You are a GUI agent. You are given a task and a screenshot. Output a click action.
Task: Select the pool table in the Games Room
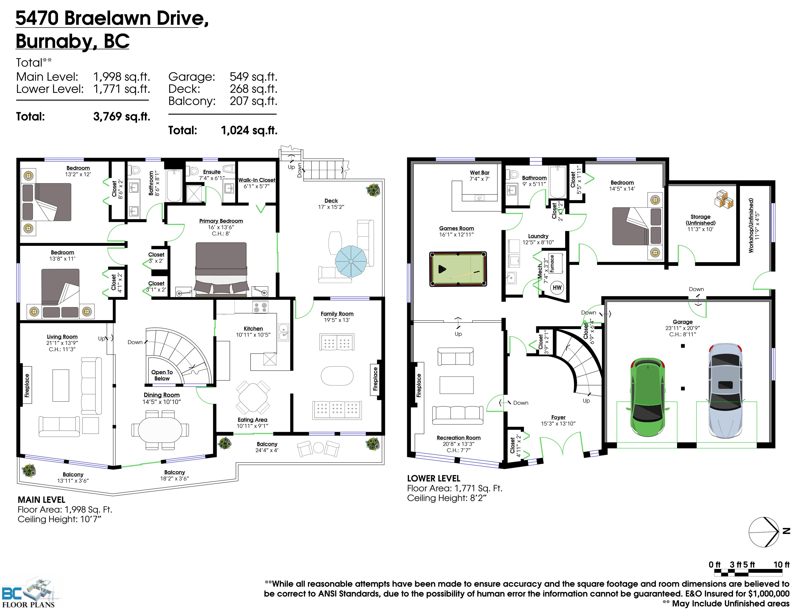click(458, 269)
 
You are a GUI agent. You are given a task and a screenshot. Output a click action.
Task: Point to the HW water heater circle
click(557, 288)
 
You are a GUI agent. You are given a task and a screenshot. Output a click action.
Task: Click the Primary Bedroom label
click(221, 221)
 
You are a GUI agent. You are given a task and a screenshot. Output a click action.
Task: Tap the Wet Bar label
click(480, 172)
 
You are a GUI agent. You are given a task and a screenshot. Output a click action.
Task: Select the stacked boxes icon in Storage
click(723, 199)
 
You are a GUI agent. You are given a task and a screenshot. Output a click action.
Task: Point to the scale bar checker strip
click(748, 573)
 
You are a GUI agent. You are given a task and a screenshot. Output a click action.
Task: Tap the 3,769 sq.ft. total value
click(121, 116)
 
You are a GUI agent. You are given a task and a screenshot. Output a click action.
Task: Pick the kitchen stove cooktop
click(260, 307)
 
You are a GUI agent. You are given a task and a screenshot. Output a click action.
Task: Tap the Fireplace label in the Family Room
click(375, 379)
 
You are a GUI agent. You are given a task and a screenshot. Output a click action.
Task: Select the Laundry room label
click(538, 236)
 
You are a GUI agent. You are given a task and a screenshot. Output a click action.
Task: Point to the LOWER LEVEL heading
click(434, 479)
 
